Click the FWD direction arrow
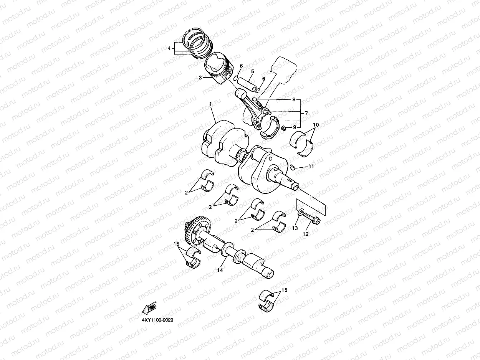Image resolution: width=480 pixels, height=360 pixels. click(150, 308)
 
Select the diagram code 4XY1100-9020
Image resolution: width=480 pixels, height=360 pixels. click(157, 320)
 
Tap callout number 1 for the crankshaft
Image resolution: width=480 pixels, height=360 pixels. click(210, 104)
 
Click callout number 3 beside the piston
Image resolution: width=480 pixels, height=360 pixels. click(200, 78)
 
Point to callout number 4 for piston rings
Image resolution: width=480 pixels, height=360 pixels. click(169, 48)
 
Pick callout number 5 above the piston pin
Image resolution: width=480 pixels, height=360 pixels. click(253, 71)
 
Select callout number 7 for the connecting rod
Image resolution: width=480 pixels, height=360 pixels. click(306, 113)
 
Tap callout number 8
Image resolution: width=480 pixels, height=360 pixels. click(294, 100)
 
